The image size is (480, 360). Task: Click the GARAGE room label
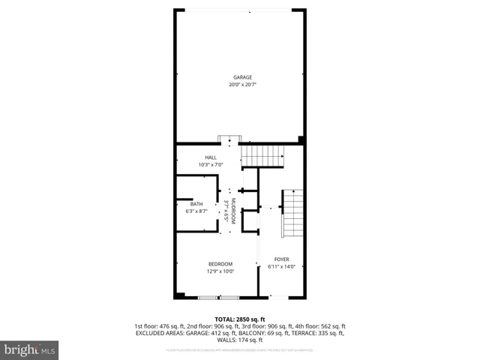(241, 77)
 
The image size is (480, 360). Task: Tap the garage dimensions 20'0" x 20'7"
(241, 85)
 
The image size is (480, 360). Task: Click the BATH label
(196, 205)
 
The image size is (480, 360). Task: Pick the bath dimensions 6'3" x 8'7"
(196, 211)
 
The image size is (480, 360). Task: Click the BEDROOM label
(220, 264)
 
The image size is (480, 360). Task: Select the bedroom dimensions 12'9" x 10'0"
(220, 271)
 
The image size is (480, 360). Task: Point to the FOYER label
(281, 259)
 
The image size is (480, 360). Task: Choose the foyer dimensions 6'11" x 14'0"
(281, 267)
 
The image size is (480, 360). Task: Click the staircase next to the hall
(263, 155)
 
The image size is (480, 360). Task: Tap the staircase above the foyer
(292, 212)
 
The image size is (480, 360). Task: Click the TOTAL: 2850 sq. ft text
(240, 319)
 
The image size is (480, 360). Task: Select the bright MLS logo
(29, 349)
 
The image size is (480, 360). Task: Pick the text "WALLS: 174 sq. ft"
(240, 339)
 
